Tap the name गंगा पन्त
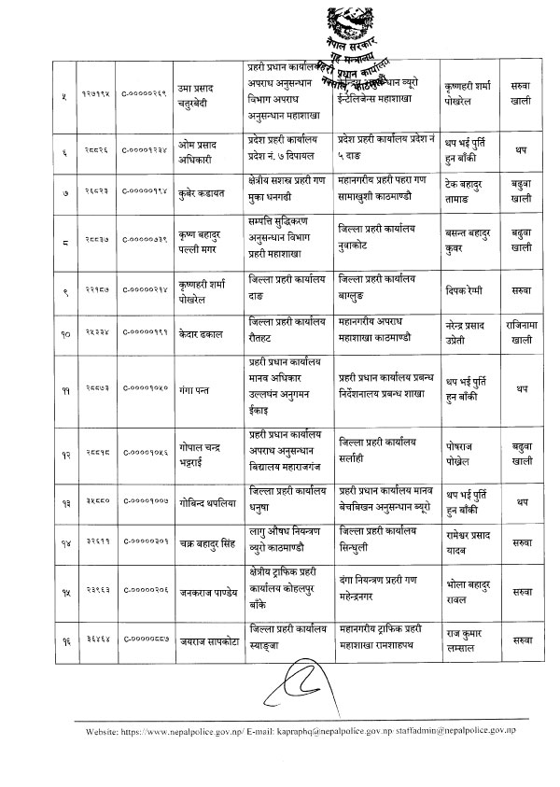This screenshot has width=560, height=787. click(x=182, y=384)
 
